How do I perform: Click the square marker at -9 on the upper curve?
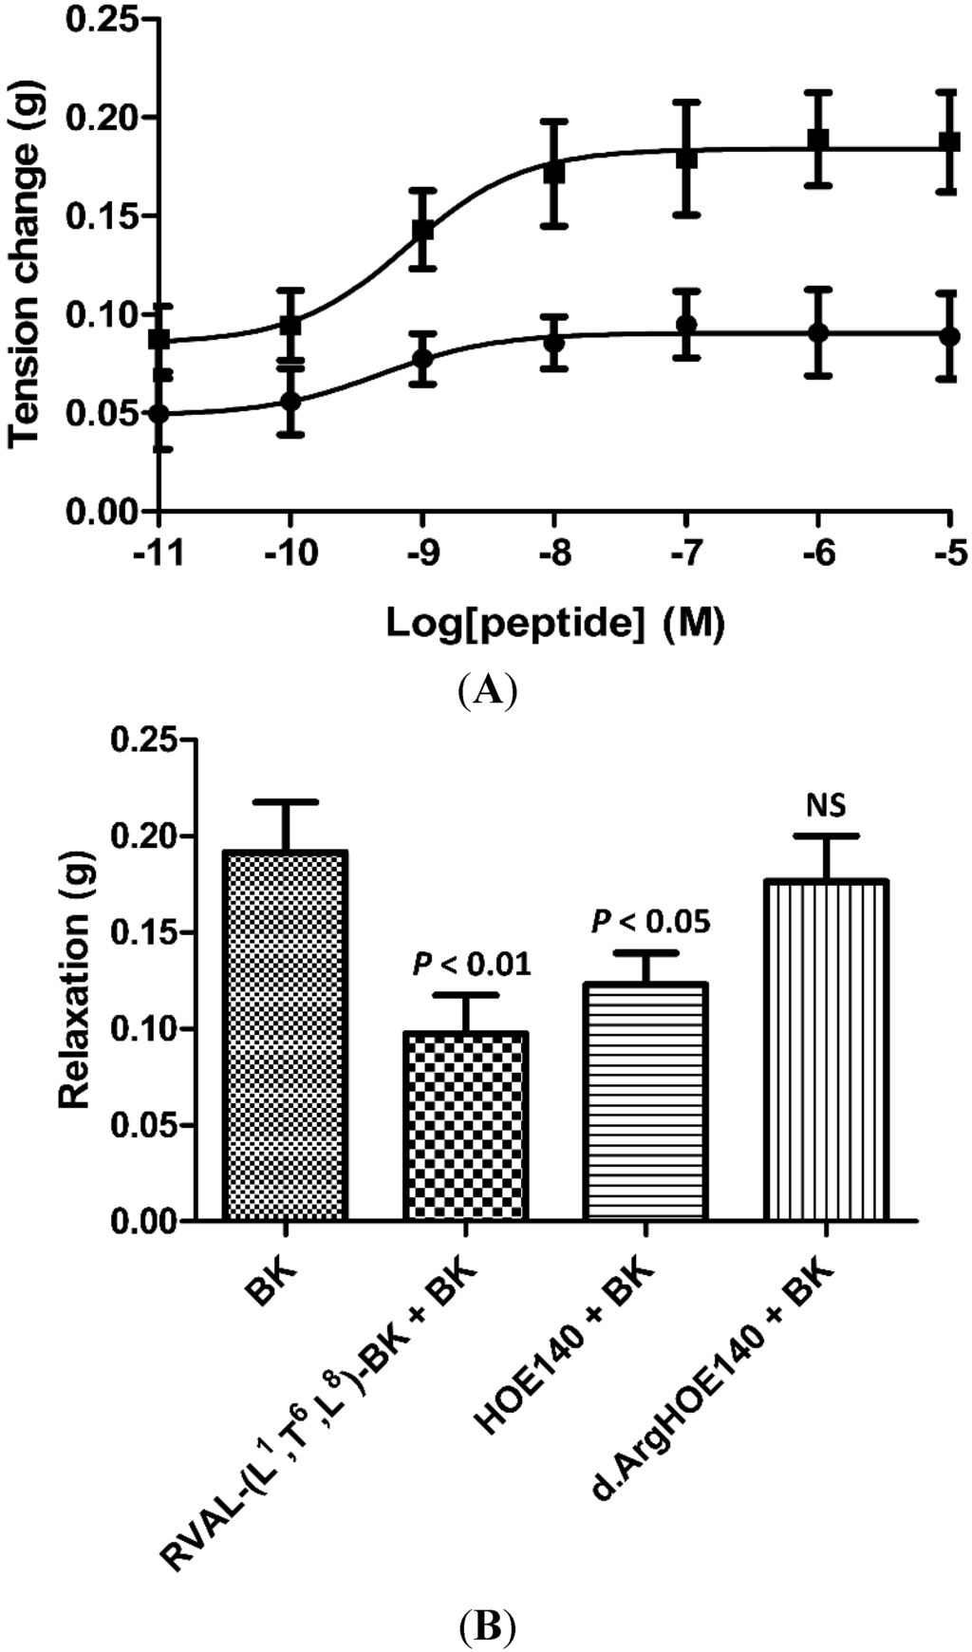(422, 230)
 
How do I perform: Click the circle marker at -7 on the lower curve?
(686, 326)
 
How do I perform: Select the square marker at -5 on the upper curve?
(949, 142)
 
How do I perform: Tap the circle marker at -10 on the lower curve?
(290, 401)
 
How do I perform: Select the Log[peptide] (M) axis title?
(554, 623)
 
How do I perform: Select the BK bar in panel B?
(285, 1035)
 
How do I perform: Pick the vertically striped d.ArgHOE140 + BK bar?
(826, 1049)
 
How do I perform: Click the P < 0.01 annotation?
(472, 965)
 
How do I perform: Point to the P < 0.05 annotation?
(651, 921)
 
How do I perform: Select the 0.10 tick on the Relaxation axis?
(150, 1029)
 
